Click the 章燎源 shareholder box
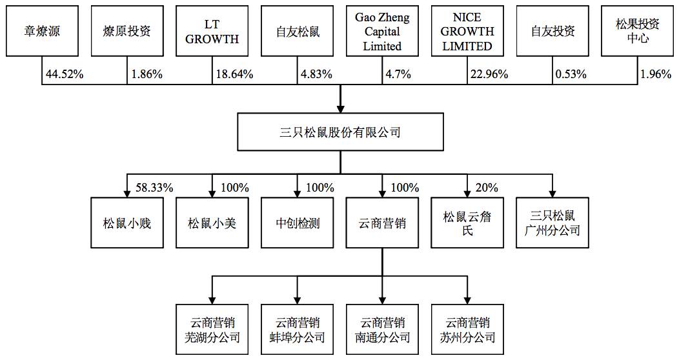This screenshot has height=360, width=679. pos(42,31)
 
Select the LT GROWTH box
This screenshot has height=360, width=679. pos(212,31)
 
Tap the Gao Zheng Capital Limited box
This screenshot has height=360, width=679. pos(382,31)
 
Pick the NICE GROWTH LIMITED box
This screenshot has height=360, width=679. pos(467,31)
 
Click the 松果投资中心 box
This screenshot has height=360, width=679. pos(638,31)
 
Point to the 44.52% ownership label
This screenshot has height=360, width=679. pos(65,74)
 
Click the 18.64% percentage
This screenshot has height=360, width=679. pos(234,74)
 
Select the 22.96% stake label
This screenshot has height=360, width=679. pos(489,74)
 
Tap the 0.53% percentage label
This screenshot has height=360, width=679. pos(571,74)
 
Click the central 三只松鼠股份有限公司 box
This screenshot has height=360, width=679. pos(340,132)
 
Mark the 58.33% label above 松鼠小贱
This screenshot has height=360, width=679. pos(155,188)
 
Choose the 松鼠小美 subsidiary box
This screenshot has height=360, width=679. pos(212,223)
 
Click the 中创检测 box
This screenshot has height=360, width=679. pos(298,223)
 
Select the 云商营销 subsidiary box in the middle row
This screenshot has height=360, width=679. pos(382,223)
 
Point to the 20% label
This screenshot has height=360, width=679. pos(487,188)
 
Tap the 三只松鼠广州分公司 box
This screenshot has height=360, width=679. pos(552,223)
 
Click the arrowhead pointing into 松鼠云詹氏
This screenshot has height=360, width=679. pos(467,194)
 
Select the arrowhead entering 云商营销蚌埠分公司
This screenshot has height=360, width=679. pos(298,300)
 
